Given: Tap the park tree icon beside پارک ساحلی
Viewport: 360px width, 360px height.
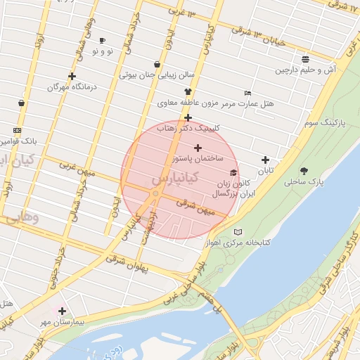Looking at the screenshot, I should click(x=304, y=170).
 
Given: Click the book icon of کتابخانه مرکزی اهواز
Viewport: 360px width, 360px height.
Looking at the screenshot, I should click(x=238, y=232).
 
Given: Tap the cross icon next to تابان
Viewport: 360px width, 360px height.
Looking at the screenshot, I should click(x=265, y=160).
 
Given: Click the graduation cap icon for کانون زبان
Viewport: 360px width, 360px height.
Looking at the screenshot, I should click(x=233, y=172).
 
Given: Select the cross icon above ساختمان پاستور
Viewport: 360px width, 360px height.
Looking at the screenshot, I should click(x=198, y=148).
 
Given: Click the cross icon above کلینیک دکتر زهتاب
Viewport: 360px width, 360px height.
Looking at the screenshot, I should click(x=188, y=117).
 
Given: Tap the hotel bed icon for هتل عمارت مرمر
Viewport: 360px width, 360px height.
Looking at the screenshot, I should click(x=247, y=93).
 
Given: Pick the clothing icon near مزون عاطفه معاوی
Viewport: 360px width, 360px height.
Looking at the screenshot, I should click(x=188, y=92).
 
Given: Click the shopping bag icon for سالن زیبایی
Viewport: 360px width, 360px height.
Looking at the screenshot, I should click(x=156, y=64).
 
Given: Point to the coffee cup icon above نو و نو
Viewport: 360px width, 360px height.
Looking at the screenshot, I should click(x=103, y=41).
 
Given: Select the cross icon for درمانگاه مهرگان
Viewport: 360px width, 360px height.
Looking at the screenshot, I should click(x=72, y=76).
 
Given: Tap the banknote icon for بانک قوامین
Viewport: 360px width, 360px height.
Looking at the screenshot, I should click(x=17, y=130).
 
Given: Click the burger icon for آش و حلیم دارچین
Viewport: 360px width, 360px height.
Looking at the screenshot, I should click(x=304, y=59).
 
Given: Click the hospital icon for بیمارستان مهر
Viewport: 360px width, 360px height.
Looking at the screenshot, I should click(x=62, y=310).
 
